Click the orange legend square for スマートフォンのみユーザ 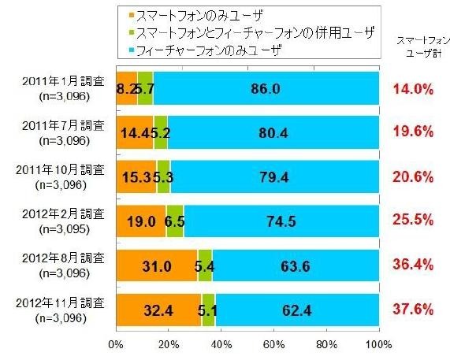point(130,14)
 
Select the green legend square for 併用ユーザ point(130,32)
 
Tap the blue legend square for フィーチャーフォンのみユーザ point(130,50)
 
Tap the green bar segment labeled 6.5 point(175,221)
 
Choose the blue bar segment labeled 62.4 point(297,310)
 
